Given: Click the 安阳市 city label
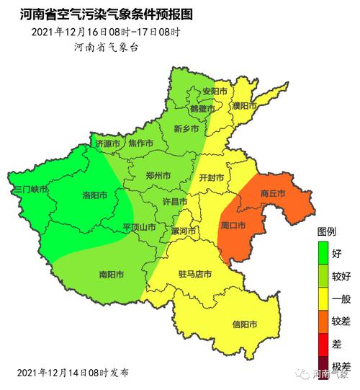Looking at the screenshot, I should click(214, 92).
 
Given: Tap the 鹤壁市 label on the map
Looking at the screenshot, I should click(202, 108).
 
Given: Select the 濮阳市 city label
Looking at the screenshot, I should click(244, 106).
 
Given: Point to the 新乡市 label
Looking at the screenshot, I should click(186, 129).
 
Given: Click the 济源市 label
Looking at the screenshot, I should click(109, 143).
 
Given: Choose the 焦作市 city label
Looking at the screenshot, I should click(140, 143).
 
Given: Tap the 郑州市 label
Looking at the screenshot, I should click(158, 175).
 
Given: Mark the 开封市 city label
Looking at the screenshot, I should click(211, 177).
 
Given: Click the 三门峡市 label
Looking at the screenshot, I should click(30, 189).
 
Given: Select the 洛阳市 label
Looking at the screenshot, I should click(95, 195).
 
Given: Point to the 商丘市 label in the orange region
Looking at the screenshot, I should click(273, 194).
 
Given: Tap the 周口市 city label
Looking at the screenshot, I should click(233, 226).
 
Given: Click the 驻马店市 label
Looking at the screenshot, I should click(194, 275).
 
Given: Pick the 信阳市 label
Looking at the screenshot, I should click(245, 324).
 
